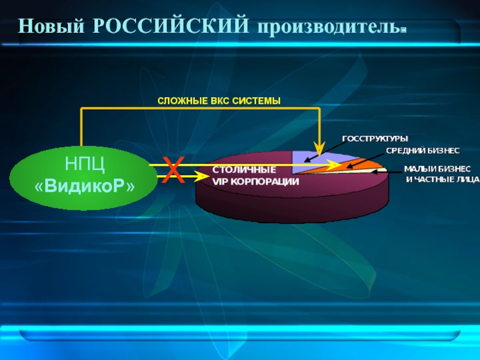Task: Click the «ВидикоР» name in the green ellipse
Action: pyautogui.click(x=85, y=187)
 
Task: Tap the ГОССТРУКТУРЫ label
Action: pyautogui.click(x=375, y=139)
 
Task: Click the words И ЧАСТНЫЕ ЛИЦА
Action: pyautogui.click(x=443, y=179)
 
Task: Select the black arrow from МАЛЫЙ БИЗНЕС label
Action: pyautogui.click(x=388, y=172)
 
